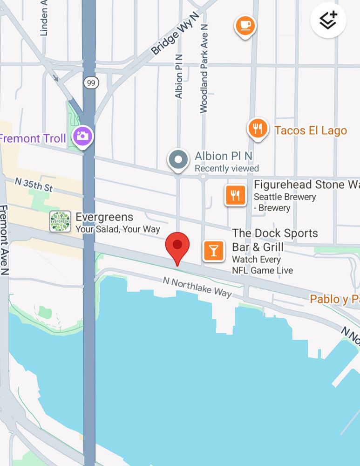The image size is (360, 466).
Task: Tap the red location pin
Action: [177, 247]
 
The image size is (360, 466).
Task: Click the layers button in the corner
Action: [328, 20]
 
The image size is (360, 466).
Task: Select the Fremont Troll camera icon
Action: [84, 136]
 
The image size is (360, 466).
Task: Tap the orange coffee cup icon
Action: [245, 24]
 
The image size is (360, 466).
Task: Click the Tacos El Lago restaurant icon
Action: [257, 127]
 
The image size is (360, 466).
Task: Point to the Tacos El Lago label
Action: [311, 130]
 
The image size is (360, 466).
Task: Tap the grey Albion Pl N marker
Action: [178, 159]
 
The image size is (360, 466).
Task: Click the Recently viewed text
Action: [226, 168]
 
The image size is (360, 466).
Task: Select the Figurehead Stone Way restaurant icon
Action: [235, 195]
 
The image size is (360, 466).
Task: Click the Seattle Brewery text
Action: [285, 197]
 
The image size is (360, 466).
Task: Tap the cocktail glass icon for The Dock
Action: [213, 251]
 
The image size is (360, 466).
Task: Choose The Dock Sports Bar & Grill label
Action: [275, 240]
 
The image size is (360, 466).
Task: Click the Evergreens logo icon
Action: [60, 221]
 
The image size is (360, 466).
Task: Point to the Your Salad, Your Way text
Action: [117, 229]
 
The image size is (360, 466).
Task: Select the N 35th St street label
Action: [34, 184]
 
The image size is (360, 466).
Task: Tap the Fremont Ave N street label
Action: [4, 240]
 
